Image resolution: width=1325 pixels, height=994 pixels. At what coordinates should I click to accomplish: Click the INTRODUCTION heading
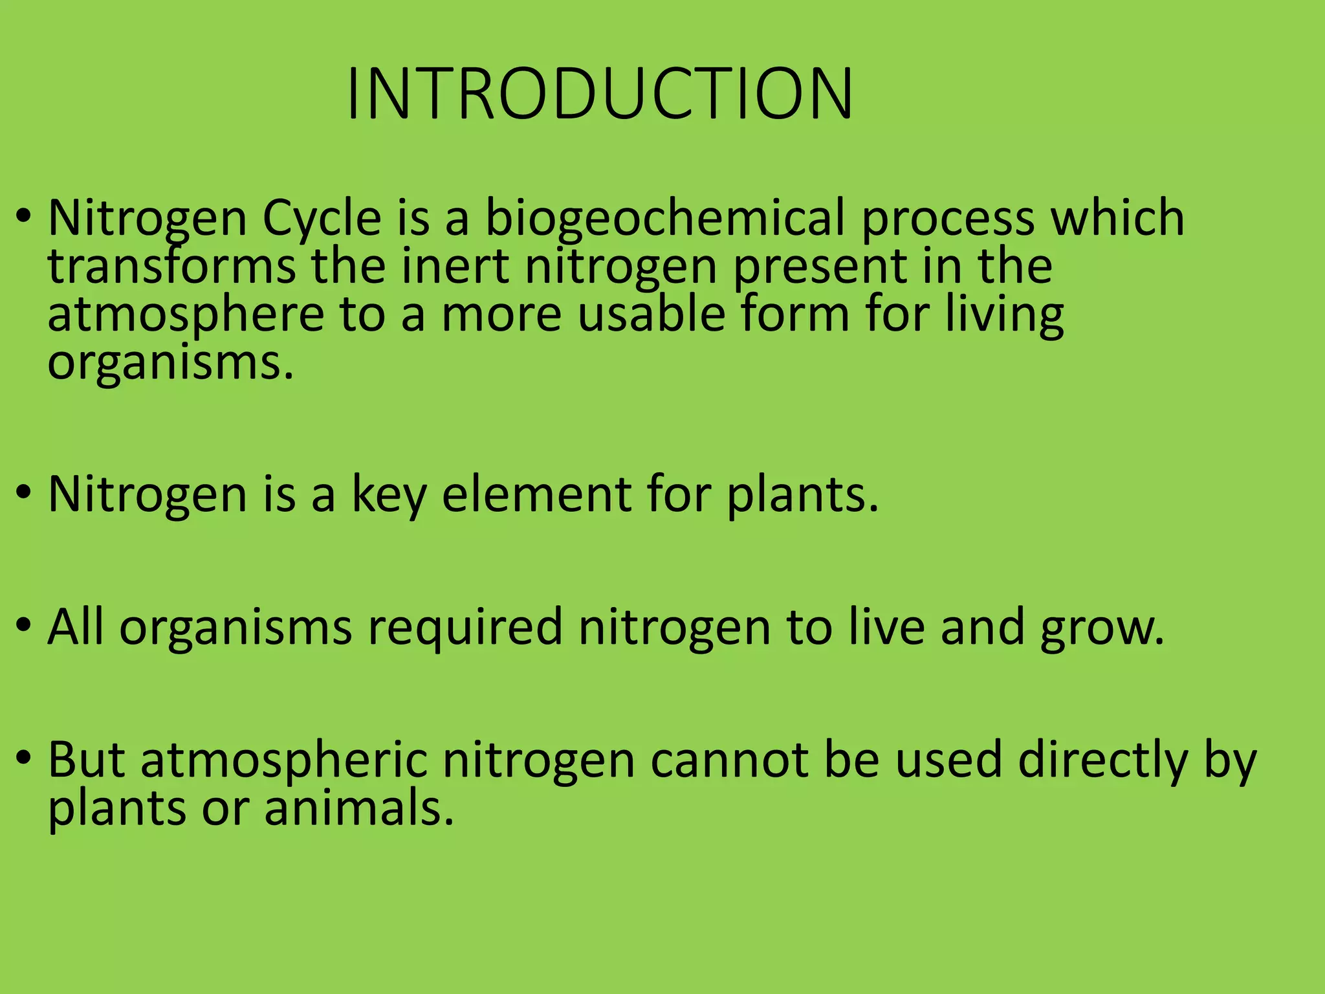pyautogui.click(x=600, y=94)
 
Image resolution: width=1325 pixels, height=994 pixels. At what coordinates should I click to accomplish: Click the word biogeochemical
pyautogui.click(x=664, y=218)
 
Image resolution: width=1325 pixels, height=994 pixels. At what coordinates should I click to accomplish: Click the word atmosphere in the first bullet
pyautogui.click(x=186, y=315)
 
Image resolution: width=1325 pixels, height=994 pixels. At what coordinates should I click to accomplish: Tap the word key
pyautogui.click(x=389, y=496)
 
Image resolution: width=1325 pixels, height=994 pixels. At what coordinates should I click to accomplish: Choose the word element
pyautogui.click(x=536, y=494)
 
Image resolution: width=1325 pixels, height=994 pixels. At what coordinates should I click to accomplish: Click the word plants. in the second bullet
pyautogui.click(x=803, y=496)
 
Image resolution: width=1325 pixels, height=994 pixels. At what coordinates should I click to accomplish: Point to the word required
pyautogui.click(x=465, y=628)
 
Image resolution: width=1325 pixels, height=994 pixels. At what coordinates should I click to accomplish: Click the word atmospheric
pyautogui.click(x=285, y=761)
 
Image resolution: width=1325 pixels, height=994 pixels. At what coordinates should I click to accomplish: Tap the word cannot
pyautogui.click(x=729, y=761)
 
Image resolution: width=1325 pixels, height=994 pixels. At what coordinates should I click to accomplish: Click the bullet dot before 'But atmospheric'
pyautogui.click(x=24, y=757)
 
